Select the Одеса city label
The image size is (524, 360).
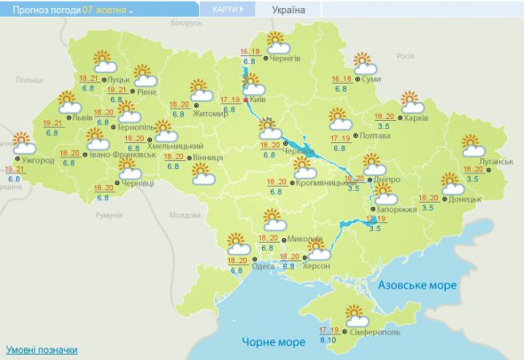point(263,266)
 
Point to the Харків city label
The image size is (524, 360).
point(417,117)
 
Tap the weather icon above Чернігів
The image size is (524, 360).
point(278,41)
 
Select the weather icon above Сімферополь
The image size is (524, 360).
point(355,315)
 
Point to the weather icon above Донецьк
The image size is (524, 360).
point(452,184)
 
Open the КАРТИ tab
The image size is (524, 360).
point(227,10)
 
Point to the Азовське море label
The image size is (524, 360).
point(417,285)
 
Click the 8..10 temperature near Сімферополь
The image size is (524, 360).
point(327,340)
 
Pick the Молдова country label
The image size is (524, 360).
point(184,215)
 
